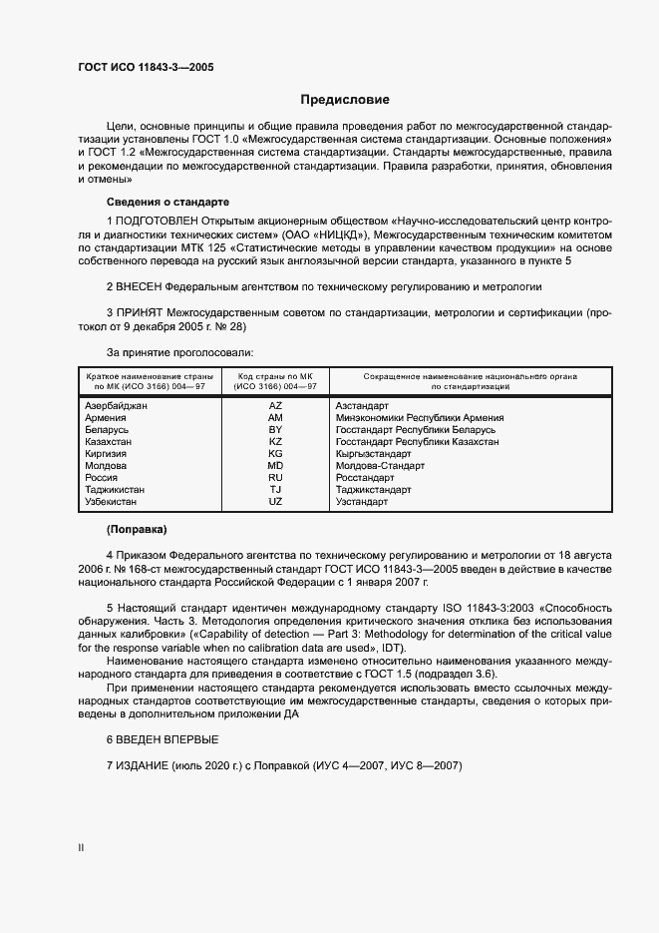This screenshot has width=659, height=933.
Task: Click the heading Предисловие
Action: pyautogui.click(x=345, y=100)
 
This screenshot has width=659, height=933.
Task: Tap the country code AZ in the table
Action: pyautogui.click(x=275, y=406)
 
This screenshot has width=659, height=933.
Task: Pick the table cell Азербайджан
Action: pyautogui.click(x=117, y=406)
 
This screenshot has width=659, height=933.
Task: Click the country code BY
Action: pyautogui.click(x=275, y=430)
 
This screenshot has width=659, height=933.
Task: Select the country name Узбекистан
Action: pyautogui.click(x=114, y=502)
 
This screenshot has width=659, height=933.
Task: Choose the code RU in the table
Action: pyautogui.click(x=275, y=478)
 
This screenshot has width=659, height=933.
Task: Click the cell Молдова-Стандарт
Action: pyautogui.click(x=380, y=466)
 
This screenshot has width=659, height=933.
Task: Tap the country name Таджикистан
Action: pyautogui.click(x=116, y=490)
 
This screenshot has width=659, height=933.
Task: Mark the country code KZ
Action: pyautogui.click(x=275, y=442)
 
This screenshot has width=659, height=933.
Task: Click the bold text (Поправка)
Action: pyautogui.click(x=137, y=528)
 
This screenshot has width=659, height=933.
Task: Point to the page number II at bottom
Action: pyautogui.click(x=81, y=848)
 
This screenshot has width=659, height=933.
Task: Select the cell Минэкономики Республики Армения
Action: pyautogui.click(x=419, y=418)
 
